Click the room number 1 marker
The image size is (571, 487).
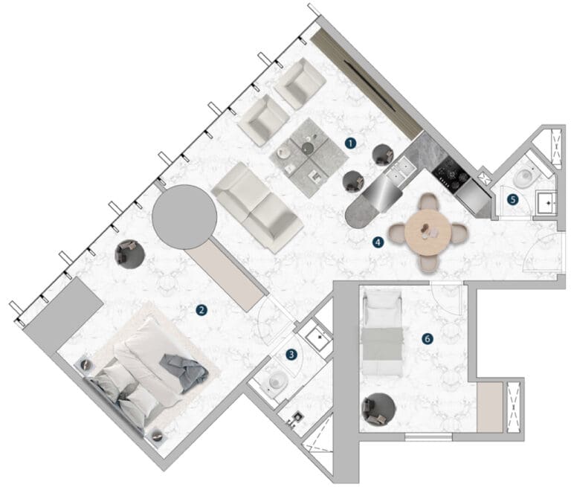(350, 143)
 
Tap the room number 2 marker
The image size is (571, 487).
(201, 310)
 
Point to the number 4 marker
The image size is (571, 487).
(378, 242)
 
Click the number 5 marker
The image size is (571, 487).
(513, 199)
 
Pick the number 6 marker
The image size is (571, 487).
(428, 339)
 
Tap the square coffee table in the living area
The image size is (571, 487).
(309, 158)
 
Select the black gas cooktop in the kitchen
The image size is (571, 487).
(451, 174)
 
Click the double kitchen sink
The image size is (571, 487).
(401, 170)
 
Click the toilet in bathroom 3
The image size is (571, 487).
(277, 382)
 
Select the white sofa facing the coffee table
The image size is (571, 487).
(257, 207)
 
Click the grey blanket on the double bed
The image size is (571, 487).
(184, 372)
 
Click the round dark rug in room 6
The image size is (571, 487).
(378, 409)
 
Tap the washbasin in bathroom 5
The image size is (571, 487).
(546, 202)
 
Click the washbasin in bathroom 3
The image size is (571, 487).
(319, 337)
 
